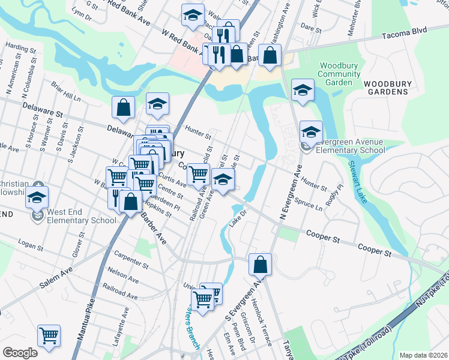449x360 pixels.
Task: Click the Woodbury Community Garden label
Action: click(x=339, y=74)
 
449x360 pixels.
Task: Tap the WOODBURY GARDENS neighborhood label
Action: click(x=385, y=87)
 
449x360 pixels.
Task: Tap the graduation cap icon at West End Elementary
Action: click(x=37, y=199)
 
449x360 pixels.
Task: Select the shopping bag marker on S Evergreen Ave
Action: click(x=260, y=264)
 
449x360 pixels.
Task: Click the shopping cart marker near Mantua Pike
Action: click(x=49, y=336)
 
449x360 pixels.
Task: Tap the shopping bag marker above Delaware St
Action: click(x=123, y=108)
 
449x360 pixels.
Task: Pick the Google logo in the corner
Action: click(x=20, y=353)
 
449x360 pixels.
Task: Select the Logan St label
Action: click(x=32, y=244)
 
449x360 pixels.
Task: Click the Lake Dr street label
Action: click(x=238, y=218)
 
